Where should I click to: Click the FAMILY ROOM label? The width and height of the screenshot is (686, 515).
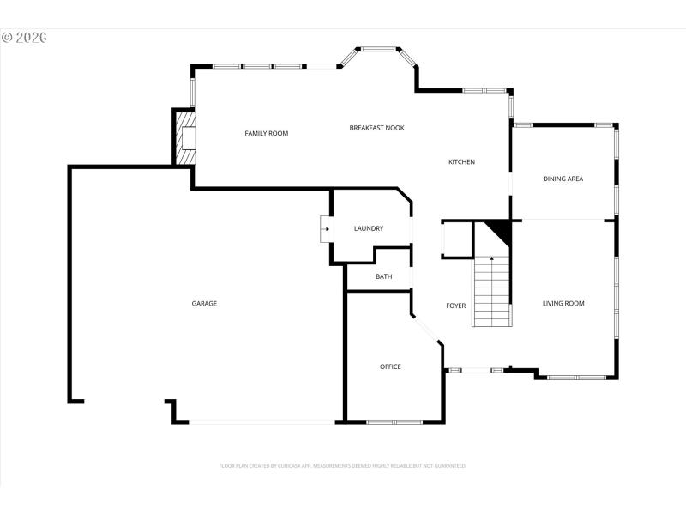coord(266,133)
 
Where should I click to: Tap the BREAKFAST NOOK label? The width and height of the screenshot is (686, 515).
coord(376,128)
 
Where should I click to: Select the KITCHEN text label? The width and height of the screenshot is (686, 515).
coord(461,162)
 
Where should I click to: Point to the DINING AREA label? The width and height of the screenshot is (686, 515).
coord(563,179)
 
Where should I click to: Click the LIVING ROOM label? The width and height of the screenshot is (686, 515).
coord(563,303)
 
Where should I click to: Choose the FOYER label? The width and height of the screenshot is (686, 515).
coord(455,306)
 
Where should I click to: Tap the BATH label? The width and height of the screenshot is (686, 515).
coord(383,276)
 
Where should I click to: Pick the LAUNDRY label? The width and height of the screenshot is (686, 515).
coord(368,228)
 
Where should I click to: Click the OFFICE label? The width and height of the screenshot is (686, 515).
coord(390,367)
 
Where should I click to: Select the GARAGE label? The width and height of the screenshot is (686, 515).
coord(203,303)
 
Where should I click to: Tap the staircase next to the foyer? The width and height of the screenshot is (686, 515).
coord(491,292)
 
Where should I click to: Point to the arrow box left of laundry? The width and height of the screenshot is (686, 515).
coord(326,229)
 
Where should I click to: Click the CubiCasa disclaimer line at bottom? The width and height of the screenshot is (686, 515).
coord(343,465)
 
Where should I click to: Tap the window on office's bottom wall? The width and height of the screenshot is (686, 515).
coord(394,421)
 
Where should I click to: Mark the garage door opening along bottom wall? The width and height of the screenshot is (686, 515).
coord(262,421)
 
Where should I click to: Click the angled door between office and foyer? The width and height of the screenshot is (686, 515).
coord(426,330)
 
